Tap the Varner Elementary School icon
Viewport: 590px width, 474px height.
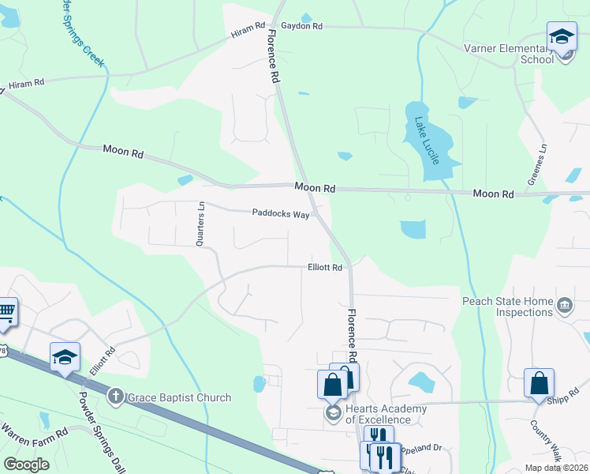tap(562, 38)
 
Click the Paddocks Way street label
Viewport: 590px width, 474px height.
tap(280, 213)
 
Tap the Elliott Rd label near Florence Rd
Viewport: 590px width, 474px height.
tap(324, 268)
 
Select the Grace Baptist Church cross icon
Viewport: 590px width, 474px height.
tap(115, 397)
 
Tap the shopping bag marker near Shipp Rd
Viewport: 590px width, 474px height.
tap(539, 383)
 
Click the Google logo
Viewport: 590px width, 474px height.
tap(27, 465)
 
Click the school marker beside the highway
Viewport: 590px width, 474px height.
tap(65, 357)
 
